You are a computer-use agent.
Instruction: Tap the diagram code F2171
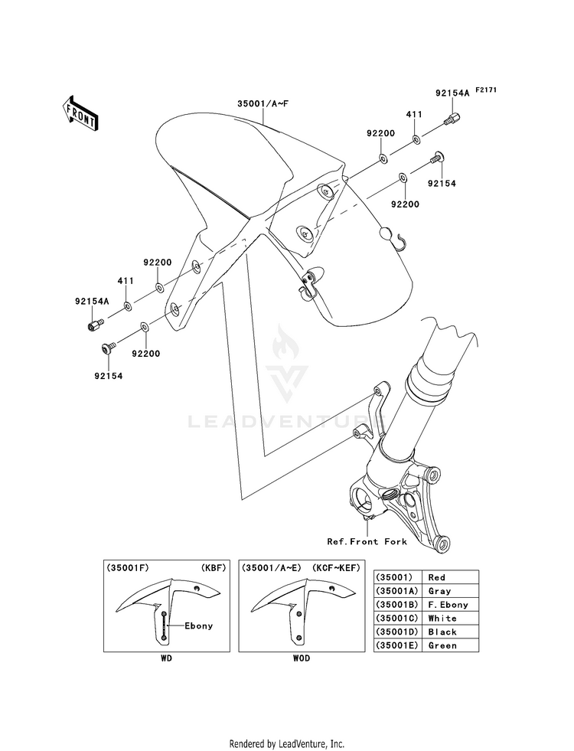click(486, 90)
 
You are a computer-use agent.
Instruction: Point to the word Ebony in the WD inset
click(198, 625)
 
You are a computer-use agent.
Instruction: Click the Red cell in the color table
click(437, 577)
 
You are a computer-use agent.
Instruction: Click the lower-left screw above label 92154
click(106, 348)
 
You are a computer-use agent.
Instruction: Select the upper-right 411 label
click(414, 113)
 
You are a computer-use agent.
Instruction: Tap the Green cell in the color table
click(442, 645)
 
